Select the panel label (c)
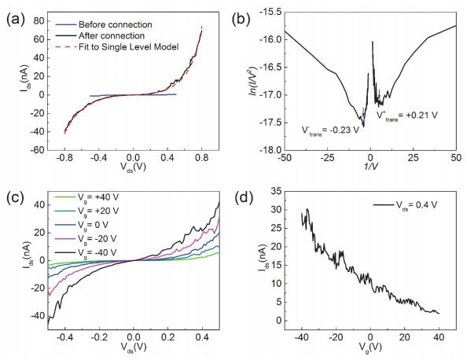point(13,192)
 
